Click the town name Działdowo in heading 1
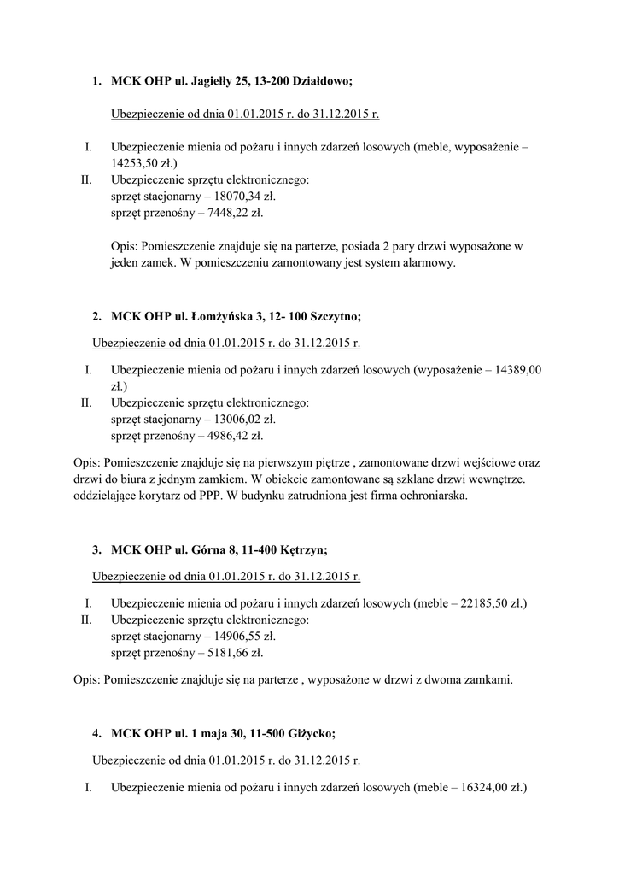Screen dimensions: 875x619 click(321, 81)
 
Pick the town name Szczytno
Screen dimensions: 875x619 click(332, 316)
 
